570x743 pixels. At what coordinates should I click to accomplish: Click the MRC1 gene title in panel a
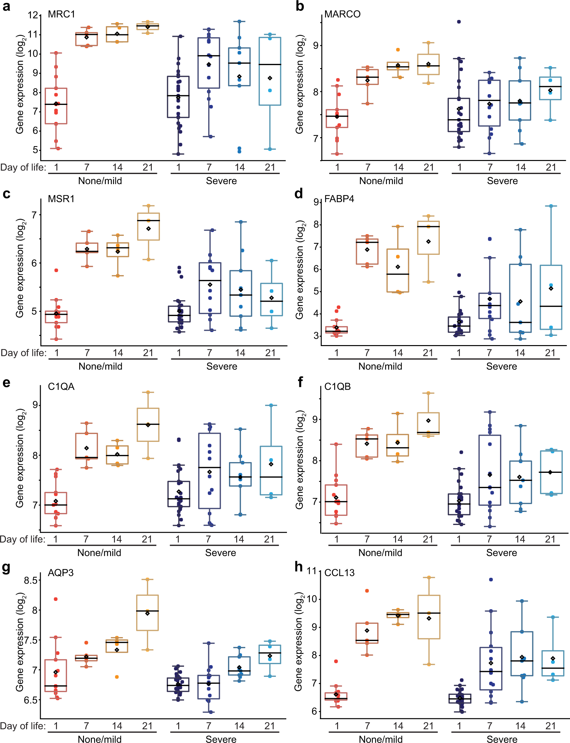pyautogui.click(x=61, y=14)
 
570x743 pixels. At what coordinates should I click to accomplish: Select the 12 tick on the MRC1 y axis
pyautogui.click(x=33, y=15)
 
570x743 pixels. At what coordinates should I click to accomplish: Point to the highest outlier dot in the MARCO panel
pyautogui.click(x=459, y=22)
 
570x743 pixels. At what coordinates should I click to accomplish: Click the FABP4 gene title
pyautogui.click(x=339, y=199)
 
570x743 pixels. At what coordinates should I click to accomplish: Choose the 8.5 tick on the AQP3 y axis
pyautogui.click(x=31, y=580)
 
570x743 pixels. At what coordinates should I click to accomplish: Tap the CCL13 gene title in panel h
pyautogui.click(x=339, y=573)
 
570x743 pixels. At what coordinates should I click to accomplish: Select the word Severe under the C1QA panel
pyautogui.click(x=221, y=553)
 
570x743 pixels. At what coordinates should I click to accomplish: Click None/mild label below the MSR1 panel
pyautogui.click(x=100, y=366)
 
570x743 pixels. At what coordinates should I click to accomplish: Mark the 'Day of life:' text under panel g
pyautogui.click(x=22, y=726)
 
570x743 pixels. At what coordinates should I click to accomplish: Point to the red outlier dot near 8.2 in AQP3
pyautogui.click(x=56, y=599)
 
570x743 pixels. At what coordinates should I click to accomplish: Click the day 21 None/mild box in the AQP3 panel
pyautogui.click(x=147, y=613)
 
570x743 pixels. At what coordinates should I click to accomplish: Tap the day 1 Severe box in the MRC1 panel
pyautogui.click(x=178, y=97)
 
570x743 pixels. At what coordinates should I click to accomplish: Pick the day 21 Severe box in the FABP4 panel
pyautogui.click(x=551, y=297)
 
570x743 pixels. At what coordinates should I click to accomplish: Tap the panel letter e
pyautogui.click(x=6, y=383)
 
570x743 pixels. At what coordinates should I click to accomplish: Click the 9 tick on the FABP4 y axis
pyautogui.click(x=316, y=202)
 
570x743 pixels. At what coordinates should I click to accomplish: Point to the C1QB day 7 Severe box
pyautogui.click(x=490, y=470)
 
